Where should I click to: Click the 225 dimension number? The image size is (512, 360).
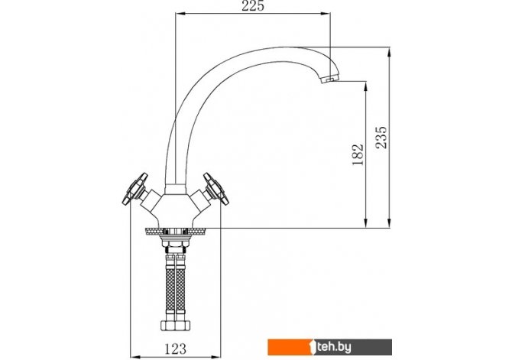[253, 5]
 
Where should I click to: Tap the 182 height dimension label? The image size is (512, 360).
[358, 154]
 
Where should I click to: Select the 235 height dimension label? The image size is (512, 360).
[381, 138]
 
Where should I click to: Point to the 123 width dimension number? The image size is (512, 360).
[176, 349]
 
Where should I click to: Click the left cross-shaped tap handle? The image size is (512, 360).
[134, 189]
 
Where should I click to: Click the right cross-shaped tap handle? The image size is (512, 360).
[216, 189]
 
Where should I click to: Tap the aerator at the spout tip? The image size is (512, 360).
[330, 79]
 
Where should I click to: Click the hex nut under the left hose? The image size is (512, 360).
[168, 326]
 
